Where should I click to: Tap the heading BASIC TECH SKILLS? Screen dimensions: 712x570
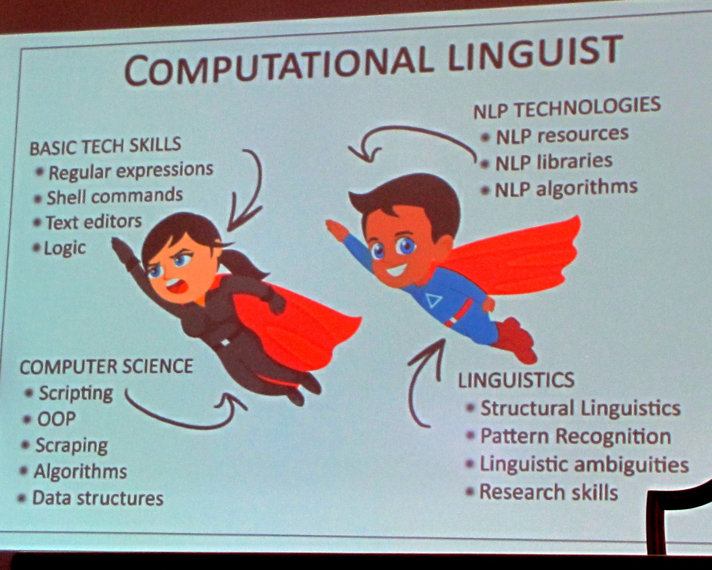105,145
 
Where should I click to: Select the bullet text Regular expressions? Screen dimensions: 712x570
131,171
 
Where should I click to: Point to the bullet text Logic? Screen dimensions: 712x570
64,248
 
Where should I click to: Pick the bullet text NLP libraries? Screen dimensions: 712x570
554,162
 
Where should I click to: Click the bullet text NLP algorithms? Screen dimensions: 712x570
566,188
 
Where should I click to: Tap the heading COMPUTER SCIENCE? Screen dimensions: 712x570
106,366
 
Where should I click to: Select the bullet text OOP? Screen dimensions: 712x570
56,418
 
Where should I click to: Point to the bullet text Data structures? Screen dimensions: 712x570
98,498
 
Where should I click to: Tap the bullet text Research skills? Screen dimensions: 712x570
549,492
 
